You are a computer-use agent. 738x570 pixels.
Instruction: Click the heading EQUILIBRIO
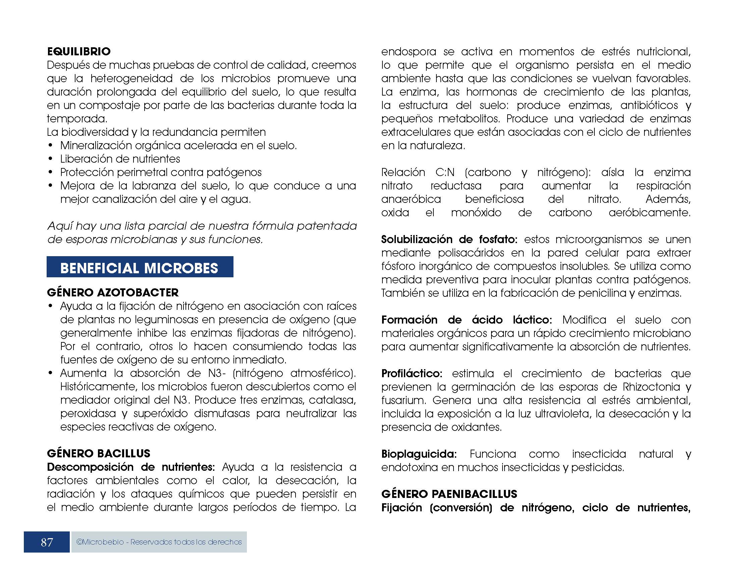pos(79,52)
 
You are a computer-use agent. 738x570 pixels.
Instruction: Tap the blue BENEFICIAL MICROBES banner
pos(140,268)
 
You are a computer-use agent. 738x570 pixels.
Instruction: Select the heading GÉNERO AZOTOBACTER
pos(112,292)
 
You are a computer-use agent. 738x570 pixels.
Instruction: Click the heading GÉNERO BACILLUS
pos(98,454)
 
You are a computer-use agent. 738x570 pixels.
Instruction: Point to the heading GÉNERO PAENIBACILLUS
pos(449,494)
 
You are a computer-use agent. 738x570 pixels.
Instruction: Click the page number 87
pos(47,542)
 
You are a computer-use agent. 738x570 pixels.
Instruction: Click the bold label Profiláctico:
pos(412,374)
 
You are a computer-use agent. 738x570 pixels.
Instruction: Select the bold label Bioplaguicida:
pos(419,454)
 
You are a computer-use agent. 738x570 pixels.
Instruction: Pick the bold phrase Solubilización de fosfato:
pos(449,239)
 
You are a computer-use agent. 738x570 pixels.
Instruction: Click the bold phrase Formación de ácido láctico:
pos(466,320)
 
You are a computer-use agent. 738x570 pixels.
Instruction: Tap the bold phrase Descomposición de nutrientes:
pos(131,467)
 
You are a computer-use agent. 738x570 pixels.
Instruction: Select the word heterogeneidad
pos(131,79)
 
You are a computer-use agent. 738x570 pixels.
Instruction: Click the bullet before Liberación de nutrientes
pos(51,159)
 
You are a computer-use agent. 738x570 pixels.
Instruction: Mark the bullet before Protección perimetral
pos(51,173)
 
